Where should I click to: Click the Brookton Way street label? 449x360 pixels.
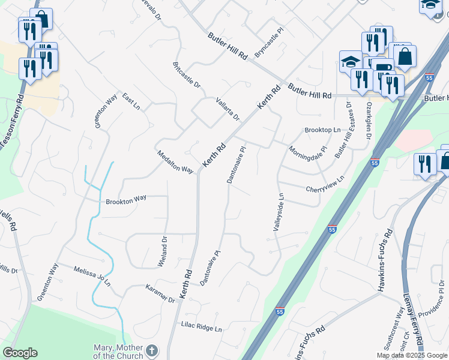(126, 198)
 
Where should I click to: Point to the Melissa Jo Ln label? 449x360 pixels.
(92, 275)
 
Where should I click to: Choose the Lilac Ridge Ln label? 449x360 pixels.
(202, 328)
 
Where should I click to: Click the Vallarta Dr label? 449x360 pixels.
(228, 109)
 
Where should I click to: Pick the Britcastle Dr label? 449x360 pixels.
(186, 74)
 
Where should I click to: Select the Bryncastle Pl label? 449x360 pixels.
(268, 43)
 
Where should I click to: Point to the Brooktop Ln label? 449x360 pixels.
(322, 130)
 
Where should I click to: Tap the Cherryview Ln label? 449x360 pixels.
(325, 184)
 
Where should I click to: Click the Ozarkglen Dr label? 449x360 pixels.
(367, 119)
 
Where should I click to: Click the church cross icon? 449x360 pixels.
(152, 350)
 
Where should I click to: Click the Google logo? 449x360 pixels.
(20, 353)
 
